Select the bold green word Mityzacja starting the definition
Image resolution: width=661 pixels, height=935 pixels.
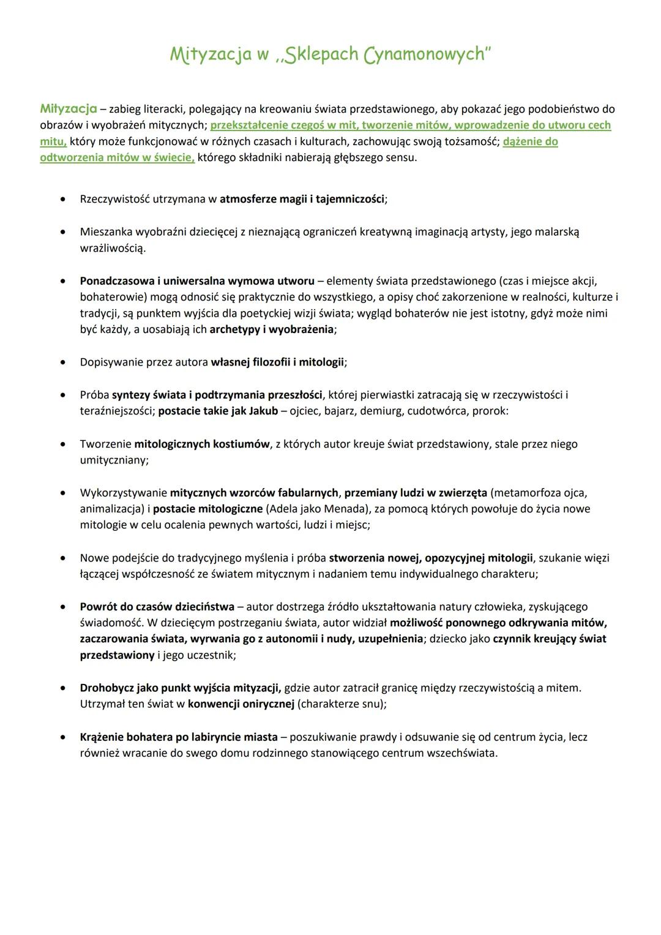coord(69,109)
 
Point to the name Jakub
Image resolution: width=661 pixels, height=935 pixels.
coord(263,411)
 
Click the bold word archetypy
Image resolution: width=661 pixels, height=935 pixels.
coord(235,329)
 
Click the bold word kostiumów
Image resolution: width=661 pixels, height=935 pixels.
coord(241,444)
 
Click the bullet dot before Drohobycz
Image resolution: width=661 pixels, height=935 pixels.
coord(62,688)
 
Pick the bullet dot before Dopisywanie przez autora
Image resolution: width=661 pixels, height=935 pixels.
coord(62,362)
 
